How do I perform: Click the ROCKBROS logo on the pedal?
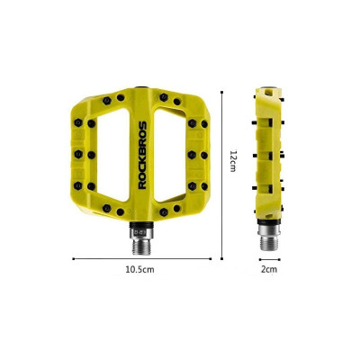(x=142, y=155)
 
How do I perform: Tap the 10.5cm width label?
(x=139, y=269)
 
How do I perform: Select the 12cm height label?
(x=233, y=160)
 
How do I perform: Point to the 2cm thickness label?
(x=269, y=269)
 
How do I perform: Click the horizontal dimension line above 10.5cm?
(x=142, y=258)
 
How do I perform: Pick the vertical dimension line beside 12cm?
(x=221, y=175)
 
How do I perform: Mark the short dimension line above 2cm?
(x=270, y=259)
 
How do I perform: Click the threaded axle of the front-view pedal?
(x=141, y=247)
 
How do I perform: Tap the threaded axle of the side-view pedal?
(x=269, y=242)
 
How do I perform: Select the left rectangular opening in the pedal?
(x=113, y=155)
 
